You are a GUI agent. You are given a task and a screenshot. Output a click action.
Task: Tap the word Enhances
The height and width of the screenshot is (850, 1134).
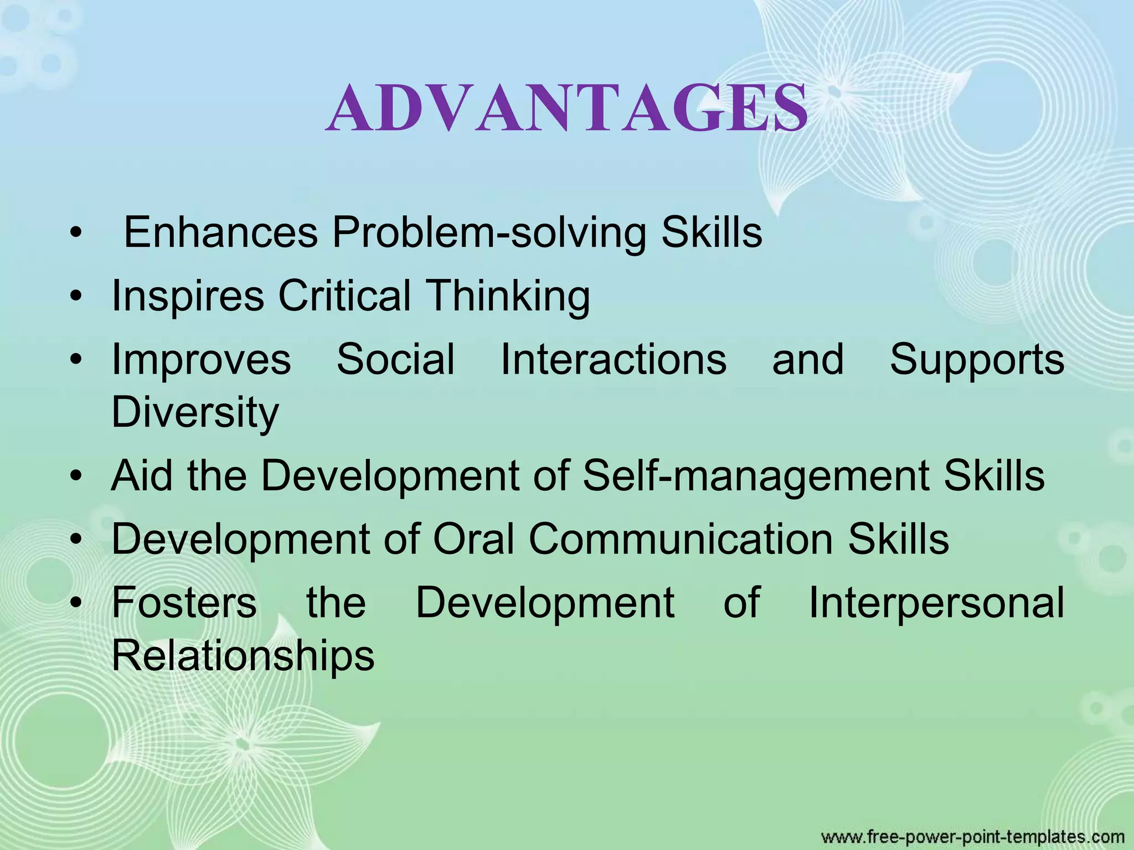click(220, 232)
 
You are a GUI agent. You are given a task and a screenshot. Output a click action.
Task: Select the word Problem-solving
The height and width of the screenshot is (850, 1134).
click(489, 233)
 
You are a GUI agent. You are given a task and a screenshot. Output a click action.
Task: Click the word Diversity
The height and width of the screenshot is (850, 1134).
click(195, 413)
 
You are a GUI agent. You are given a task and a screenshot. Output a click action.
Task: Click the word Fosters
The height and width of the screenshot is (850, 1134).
click(184, 602)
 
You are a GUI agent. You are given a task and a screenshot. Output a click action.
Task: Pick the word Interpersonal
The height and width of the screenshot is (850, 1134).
click(936, 603)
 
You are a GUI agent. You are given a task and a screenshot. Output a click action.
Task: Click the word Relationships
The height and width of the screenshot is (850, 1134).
click(243, 656)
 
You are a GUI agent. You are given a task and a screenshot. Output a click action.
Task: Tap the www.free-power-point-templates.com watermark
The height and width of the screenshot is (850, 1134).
click(972, 836)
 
